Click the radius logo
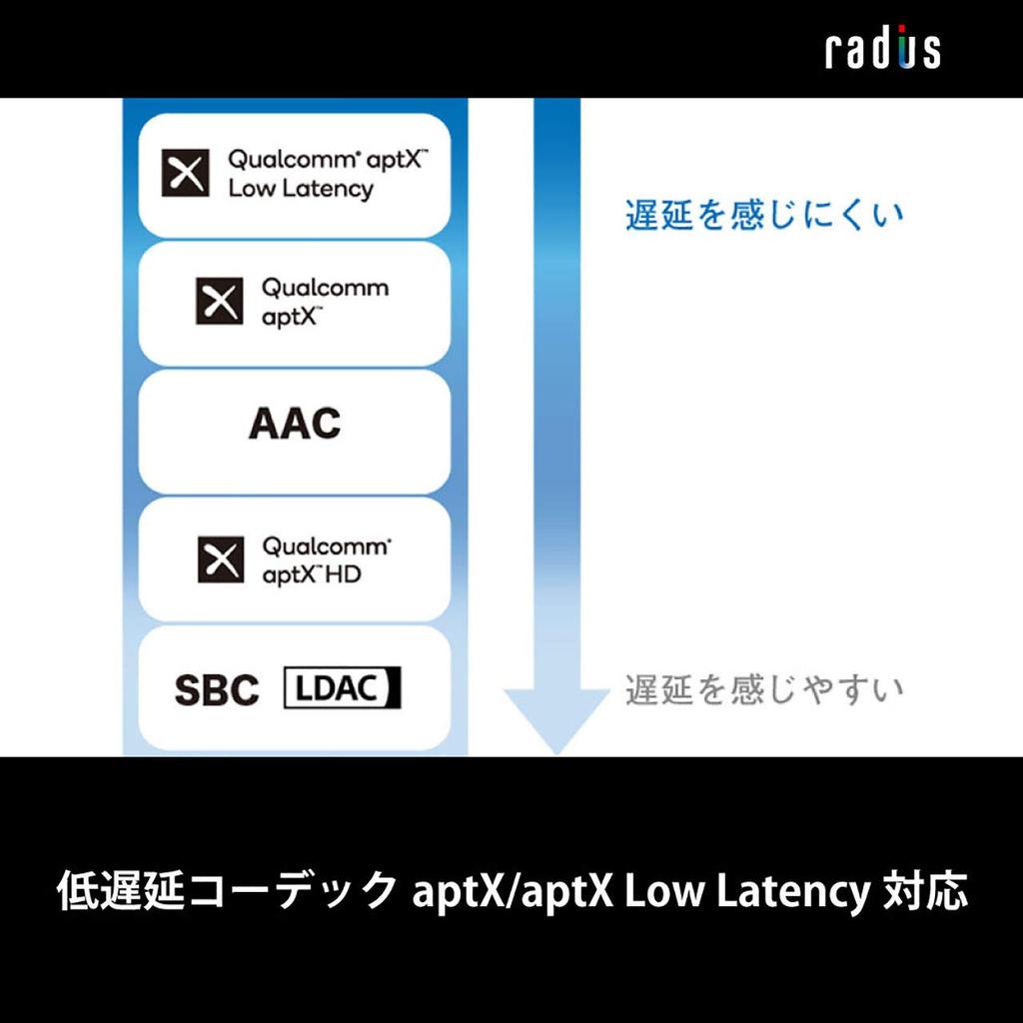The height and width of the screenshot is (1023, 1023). pos(882,49)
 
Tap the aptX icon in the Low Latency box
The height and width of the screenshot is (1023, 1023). pos(186,173)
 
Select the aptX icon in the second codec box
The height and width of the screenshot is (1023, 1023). pos(220,301)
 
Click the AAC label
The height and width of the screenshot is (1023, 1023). pos(295,424)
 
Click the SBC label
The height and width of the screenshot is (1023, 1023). pos(217,690)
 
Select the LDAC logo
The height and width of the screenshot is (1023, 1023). pos(343,688)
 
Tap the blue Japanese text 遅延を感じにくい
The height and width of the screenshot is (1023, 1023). pos(764,215)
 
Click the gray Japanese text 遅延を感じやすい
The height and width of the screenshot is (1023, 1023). pos(764,689)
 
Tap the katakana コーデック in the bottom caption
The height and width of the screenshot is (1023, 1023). pos(295,891)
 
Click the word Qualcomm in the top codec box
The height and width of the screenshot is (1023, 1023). pos(282,160)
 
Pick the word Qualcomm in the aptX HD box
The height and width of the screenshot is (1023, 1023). pos(326,546)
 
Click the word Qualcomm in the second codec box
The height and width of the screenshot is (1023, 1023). pos(326,288)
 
